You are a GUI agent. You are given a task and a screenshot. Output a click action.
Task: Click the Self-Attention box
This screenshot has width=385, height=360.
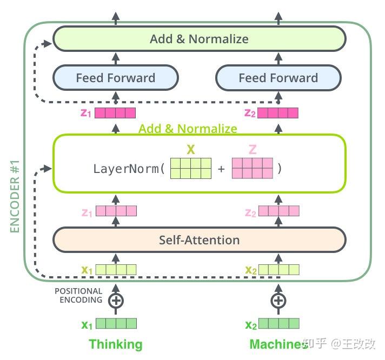[x=199, y=239]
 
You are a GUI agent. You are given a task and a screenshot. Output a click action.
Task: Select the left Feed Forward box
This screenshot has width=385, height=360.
[x=115, y=78]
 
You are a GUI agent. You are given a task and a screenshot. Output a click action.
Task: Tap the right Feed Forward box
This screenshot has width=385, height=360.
[x=278, y=78]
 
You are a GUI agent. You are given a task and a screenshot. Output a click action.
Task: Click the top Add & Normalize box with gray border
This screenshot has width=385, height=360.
[x=199, y=39]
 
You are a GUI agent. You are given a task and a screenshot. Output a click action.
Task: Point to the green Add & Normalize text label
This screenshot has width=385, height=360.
[x=188, y=129]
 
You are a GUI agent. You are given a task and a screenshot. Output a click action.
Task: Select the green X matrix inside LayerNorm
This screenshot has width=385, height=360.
[x=190, y=168]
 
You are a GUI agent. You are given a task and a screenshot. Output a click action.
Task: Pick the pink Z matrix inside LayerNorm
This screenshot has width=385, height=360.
[x=253, y=168]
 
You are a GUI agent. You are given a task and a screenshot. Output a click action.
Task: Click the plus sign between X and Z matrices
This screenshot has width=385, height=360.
[x=221, y=169]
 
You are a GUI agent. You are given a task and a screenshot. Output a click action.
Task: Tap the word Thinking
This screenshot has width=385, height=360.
[x=115, y=344]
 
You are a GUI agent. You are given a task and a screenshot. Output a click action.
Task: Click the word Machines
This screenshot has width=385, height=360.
[x=278, y=344]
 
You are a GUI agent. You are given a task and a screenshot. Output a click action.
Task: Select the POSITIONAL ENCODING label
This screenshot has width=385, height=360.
[x=78, y=296]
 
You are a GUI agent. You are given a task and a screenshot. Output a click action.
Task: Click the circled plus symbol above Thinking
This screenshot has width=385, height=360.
[x=115, y=300]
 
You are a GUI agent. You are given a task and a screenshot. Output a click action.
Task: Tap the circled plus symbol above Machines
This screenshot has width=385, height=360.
[x=278, y=300]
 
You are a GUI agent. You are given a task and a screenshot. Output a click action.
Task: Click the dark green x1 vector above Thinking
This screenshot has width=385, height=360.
[x=116, y=324]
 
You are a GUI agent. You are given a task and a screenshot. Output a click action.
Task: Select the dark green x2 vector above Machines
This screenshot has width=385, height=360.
[x=278, y=324]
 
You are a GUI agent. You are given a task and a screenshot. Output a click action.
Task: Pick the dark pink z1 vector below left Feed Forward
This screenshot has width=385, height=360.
[x=116, y=113]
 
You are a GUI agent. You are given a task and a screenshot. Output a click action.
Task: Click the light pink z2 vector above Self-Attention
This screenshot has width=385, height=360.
[x=278, y=211]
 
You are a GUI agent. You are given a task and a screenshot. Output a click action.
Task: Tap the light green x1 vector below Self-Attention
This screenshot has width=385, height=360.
[x=116, y=269]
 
